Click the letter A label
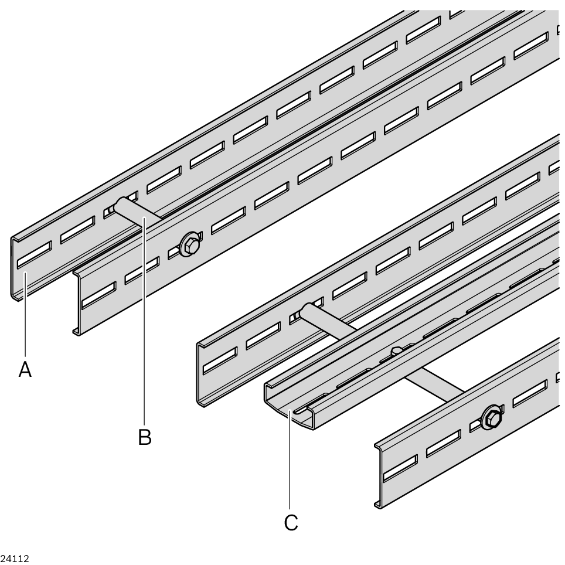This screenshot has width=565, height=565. pos(25,369)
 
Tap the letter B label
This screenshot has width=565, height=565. pos(145,437)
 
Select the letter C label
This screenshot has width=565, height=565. pos(291,522)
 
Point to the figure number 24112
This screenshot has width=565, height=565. pos(15,559)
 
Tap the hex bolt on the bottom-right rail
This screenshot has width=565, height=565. pos(492,418)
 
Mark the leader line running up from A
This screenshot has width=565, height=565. pos(25,315)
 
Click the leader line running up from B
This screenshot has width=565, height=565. pos(145,321)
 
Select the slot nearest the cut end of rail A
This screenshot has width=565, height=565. pos(34,255)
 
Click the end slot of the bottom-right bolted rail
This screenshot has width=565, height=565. pos(400,468)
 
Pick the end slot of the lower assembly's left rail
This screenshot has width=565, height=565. pos(220,360)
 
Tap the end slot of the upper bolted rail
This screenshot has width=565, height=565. pos(99,295)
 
